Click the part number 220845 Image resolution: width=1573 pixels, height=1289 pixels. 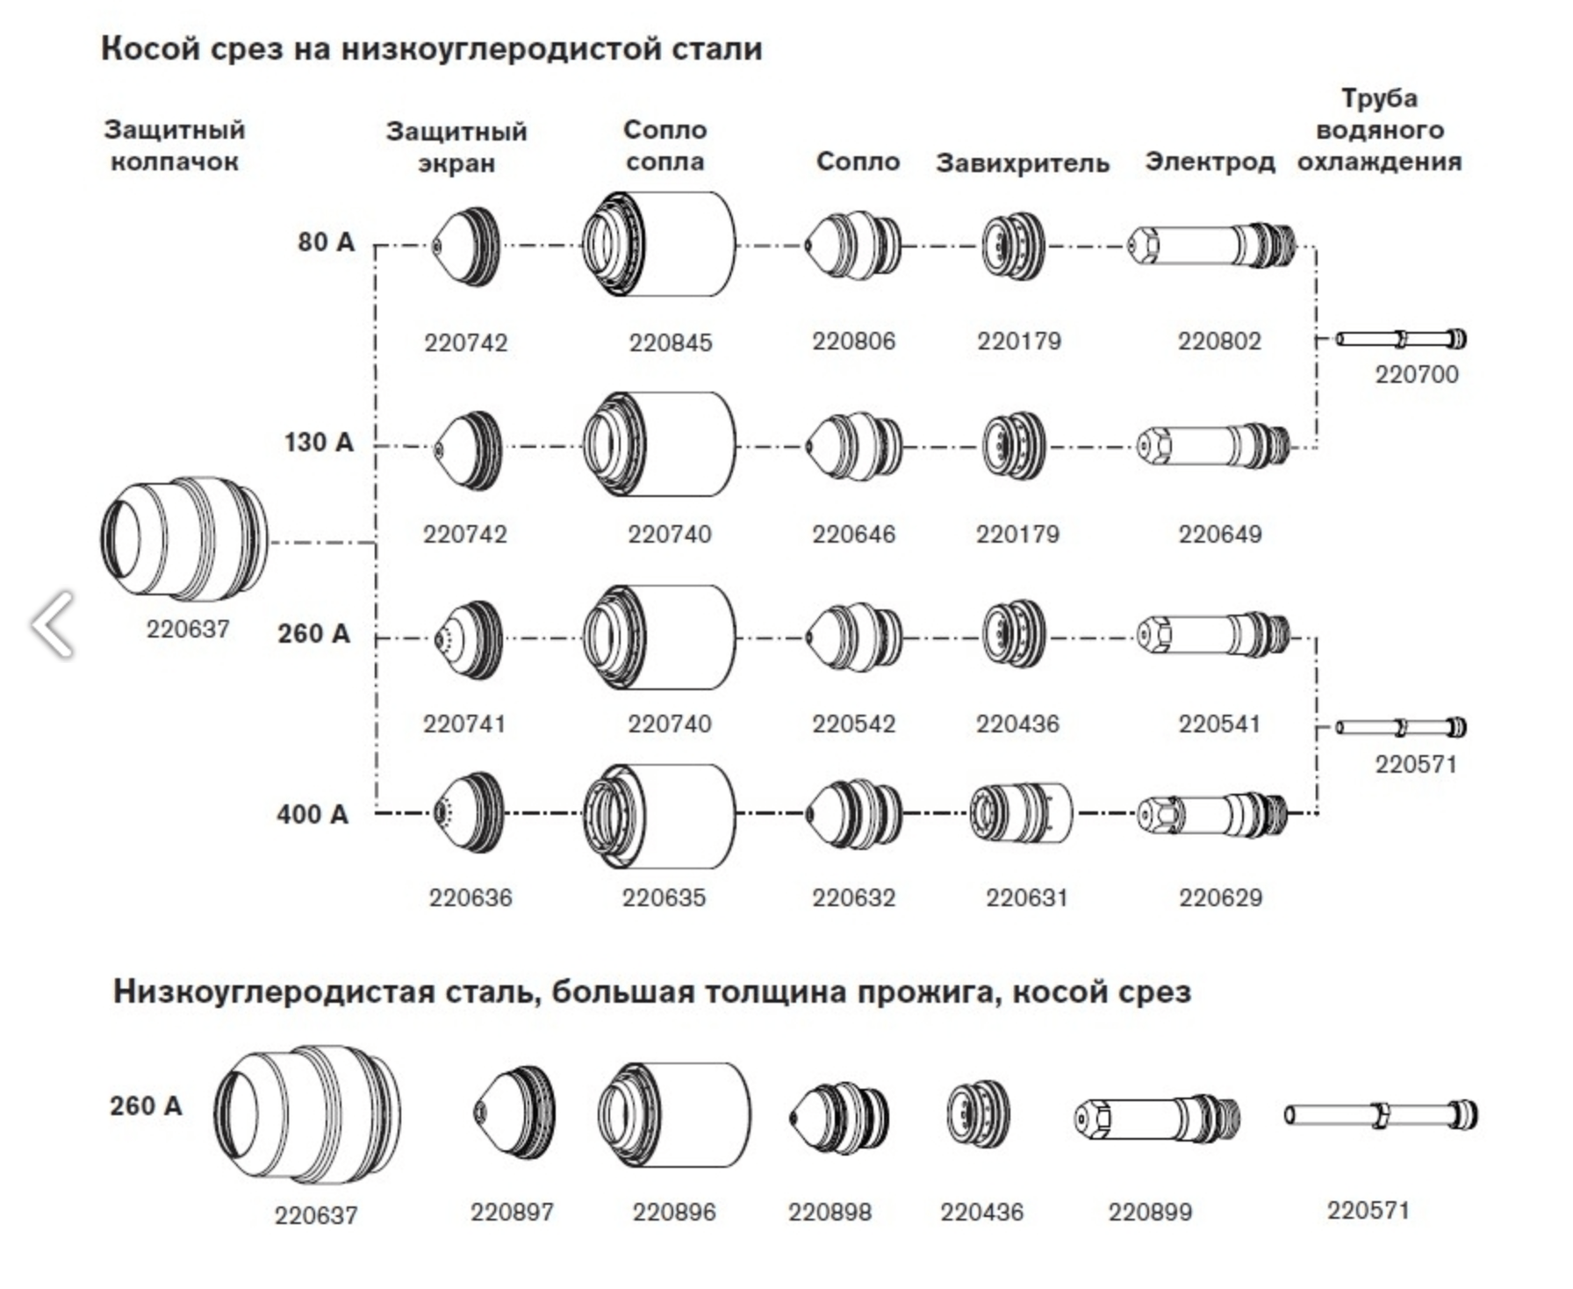(x=670, y=342)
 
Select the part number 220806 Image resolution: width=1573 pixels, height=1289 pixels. (x=853, y=341)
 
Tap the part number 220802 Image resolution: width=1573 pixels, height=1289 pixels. (x=1219, y=341)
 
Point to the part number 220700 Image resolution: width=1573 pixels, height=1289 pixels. (x=1416, y=374)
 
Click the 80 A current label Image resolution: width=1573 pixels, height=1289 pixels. (x=326, y=241)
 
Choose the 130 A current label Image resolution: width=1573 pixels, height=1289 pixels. (x=319, y=442)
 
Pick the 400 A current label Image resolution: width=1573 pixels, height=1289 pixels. (x=312, y=815)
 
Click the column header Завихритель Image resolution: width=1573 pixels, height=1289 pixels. (x=1022, y=163)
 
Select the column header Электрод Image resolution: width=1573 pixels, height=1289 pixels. (x=1210, y=162)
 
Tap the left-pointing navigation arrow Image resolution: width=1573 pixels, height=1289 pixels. (x=51, y=623)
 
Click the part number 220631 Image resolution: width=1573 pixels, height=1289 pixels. (x=1026, y=897)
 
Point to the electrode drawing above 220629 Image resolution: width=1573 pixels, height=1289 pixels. (x=1212, y=814)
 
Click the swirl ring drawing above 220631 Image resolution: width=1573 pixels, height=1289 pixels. (x=1021, y=814)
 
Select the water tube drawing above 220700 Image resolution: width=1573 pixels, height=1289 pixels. (x=1401, y=338)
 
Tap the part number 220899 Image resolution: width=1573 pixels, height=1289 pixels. (x=1150, y=1213)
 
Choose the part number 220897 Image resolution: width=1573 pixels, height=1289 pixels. (x=512, y=1213)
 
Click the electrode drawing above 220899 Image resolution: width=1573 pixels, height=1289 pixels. (x=1158, y=1117)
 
